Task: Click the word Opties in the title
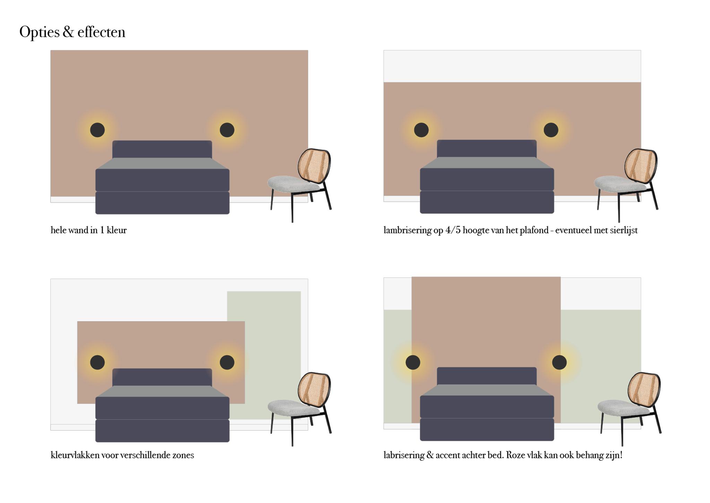pos(40,32)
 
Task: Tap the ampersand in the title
pos(68,32)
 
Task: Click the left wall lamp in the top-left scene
pos(97,130)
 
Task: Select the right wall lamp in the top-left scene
pos(227,130)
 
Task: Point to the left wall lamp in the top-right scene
pos(421,130)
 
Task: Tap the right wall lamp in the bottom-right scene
pos(559,362)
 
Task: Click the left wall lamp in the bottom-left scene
pos(97,362)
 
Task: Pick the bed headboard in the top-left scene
pos(162,149)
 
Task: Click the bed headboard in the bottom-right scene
pos(487,376)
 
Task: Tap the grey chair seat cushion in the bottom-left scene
pos(293,408)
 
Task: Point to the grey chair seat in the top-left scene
pos(293,184)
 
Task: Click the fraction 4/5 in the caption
pos(453,230)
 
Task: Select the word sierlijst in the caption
pos(624,230)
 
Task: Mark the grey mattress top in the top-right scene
pos(487,162)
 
